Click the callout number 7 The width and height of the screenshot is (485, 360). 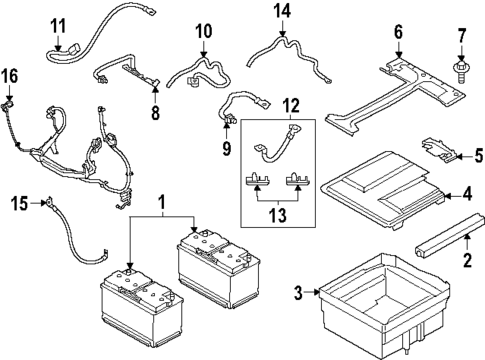pos(461,37)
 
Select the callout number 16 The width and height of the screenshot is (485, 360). pos(9,77)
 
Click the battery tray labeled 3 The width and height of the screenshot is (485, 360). pos(383,307)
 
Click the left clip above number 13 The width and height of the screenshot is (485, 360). pos(257,178)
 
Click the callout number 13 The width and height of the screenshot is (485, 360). pos(278,215)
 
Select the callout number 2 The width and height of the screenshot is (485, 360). pos(467,260)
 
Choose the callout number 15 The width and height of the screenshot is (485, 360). pos(19,203)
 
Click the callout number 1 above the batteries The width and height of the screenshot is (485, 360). pos(162,203)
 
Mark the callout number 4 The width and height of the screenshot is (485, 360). pos(468,194)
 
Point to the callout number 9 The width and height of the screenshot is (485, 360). pos(227,148)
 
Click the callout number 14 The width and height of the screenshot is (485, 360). pos(282,11)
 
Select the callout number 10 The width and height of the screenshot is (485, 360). pos(204,31)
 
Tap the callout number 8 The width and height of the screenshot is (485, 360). pos(155,113)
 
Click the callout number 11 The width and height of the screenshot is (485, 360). pos(58,26)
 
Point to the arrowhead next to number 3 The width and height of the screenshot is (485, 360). pos(316,292)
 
